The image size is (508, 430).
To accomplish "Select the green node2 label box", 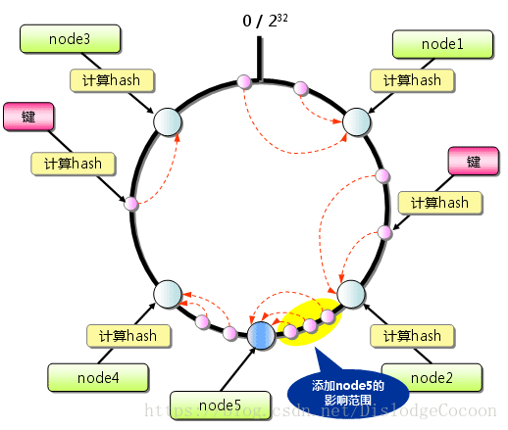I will coord(432,376).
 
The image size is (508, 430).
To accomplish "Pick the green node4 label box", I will coord(98,376).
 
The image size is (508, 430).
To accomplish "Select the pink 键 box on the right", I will coord(474,161).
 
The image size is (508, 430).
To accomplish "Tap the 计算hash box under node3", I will coord(110,80).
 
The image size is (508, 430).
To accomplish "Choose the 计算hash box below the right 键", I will coord(439,203).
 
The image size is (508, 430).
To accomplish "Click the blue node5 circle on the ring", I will coord(261,336).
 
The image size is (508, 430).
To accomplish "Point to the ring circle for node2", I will coord(351,292).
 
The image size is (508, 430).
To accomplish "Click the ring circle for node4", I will coord(168,293).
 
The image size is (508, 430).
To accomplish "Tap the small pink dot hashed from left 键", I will coord(130,204).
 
